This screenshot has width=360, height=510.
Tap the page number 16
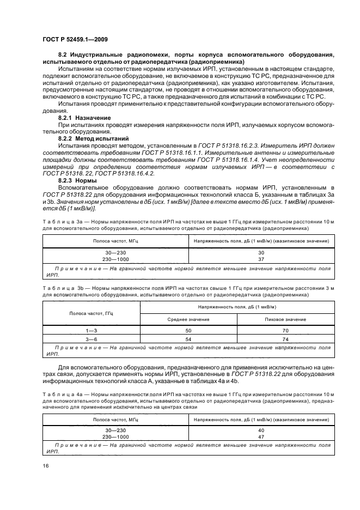pyautogui.click(x=46, y=464)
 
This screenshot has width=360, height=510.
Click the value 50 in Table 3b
pyautogui.click(x=188, y=330)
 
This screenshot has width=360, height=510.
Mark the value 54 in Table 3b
pyautogui.click(x=188, y=339)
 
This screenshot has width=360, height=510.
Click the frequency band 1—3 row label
pyautogui.click(x=91, y=330)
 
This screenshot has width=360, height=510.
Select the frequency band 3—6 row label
pyautogui.click(x=91, y=339)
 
